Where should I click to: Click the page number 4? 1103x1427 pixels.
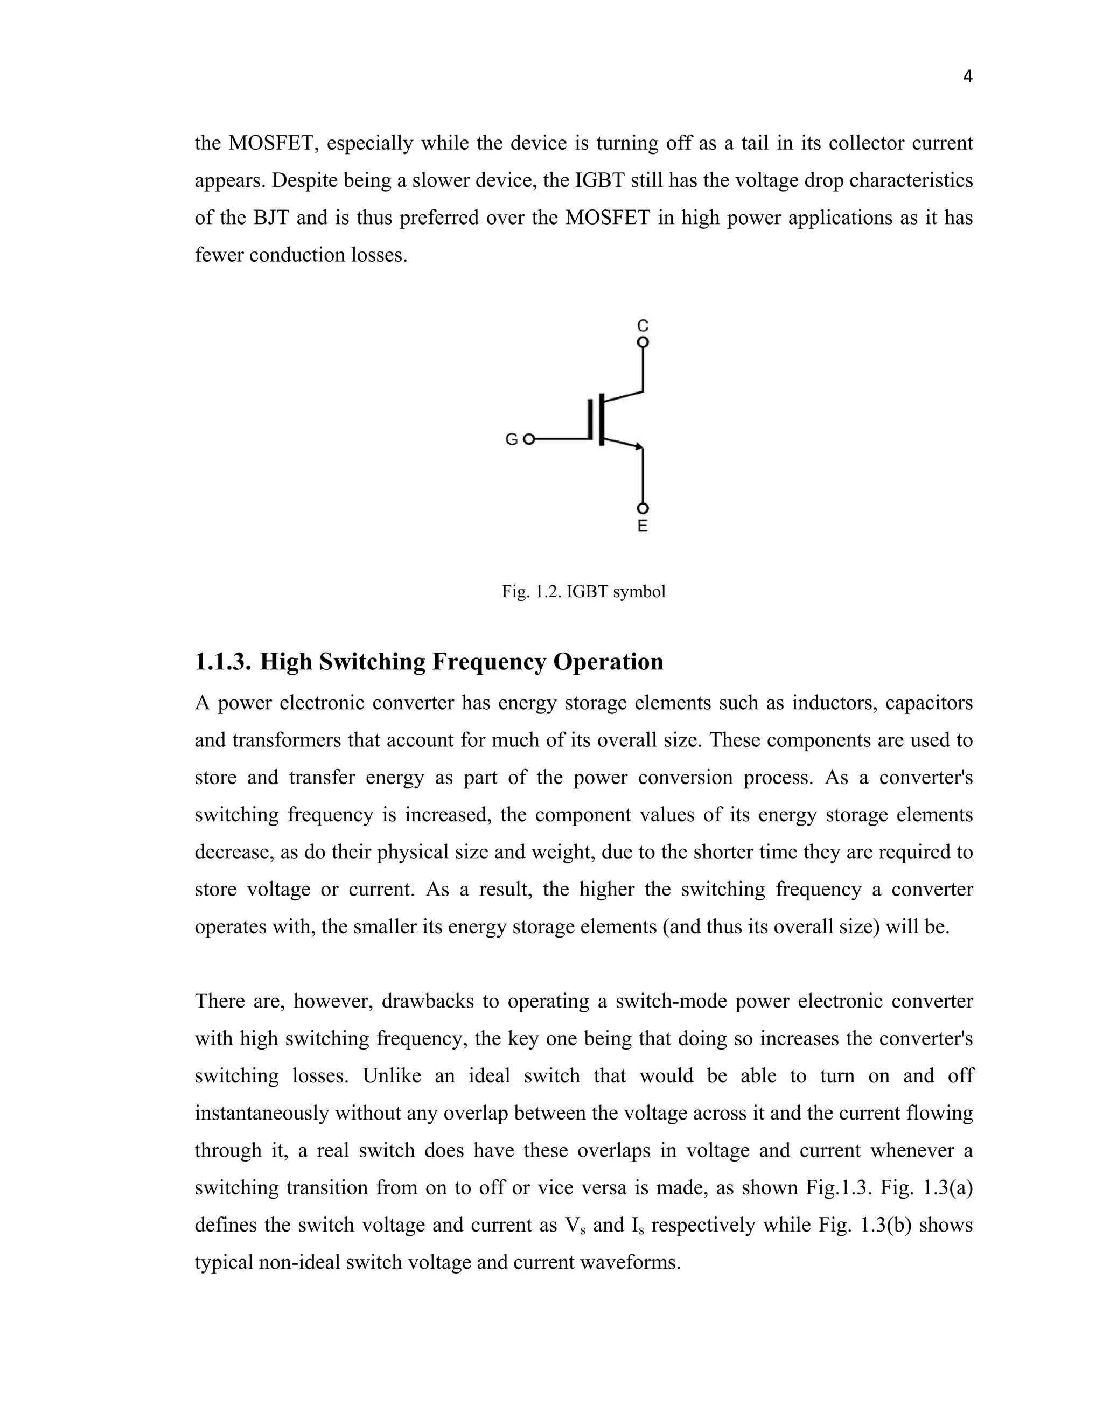968,77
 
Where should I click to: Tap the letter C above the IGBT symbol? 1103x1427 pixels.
643,325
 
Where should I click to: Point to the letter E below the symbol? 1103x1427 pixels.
643,526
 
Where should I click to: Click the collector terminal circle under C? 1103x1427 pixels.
643,342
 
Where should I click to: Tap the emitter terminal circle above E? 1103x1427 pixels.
643,509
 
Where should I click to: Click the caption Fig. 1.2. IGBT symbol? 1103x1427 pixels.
583,592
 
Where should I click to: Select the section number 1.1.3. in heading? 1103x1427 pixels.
223,662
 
